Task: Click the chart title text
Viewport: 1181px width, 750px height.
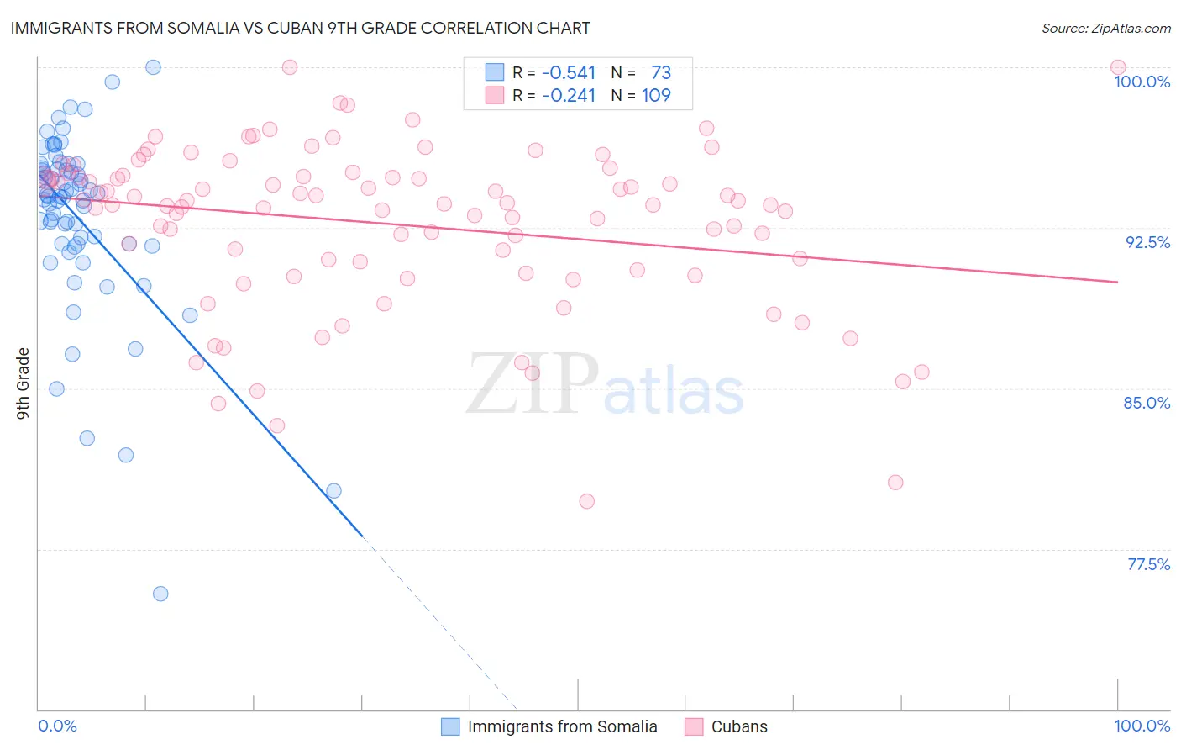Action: [300, 28]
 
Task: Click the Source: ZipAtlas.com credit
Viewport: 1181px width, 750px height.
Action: [1105, 28]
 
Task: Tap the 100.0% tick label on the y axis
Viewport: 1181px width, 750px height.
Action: [1142, 82]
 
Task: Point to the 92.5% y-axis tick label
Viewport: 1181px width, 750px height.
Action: [1147, 242]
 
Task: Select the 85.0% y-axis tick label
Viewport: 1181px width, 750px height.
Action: [1147, 403]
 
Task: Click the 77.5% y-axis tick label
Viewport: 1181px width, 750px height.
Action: [1148, 563]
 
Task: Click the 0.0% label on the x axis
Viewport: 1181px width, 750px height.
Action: [57, 726]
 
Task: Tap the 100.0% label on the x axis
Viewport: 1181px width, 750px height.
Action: [1142, 726]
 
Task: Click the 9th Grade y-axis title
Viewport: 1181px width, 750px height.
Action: [24, 383]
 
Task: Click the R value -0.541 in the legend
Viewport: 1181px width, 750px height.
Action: [569, 73]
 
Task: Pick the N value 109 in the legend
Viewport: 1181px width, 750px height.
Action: [656, 96]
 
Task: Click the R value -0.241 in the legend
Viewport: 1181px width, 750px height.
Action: [569, 96]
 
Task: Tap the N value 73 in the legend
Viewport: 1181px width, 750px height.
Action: [661, 73]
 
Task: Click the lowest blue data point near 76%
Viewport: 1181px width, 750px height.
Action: [160, 594]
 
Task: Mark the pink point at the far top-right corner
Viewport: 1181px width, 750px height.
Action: [1118, 67]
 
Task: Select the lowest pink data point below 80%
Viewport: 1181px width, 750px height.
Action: [587, 501]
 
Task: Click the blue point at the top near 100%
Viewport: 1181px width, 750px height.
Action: [153, 67]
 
